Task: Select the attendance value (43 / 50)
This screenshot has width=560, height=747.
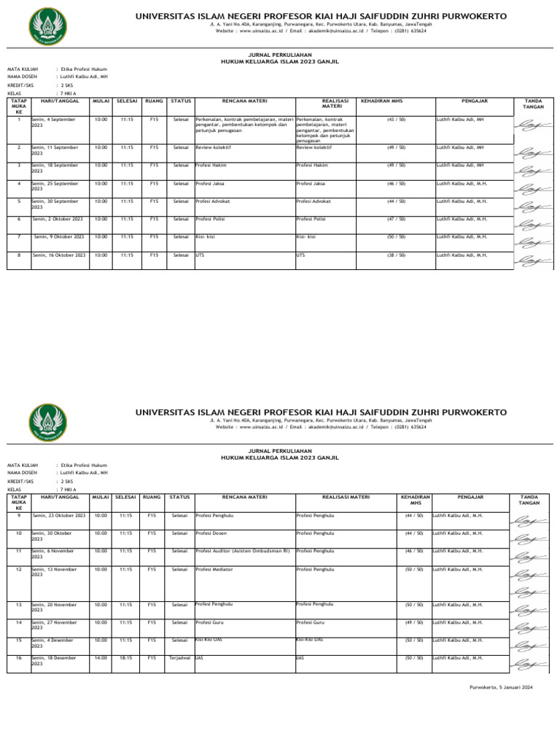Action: tap(396, 118)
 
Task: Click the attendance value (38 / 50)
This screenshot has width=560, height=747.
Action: tap(396, 255)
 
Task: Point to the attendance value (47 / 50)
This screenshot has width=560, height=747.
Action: tap(396, 219)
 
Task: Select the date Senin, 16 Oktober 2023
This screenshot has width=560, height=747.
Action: tap(59, 255)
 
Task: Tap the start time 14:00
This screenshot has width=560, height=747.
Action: tap(100, 657)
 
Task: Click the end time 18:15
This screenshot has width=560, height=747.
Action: tap(125, 657)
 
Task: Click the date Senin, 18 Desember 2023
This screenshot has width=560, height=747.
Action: tap(54, 660)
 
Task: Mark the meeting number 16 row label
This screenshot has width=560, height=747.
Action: tap(19, 657)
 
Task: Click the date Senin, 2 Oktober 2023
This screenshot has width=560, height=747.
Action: tap(58, 219)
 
